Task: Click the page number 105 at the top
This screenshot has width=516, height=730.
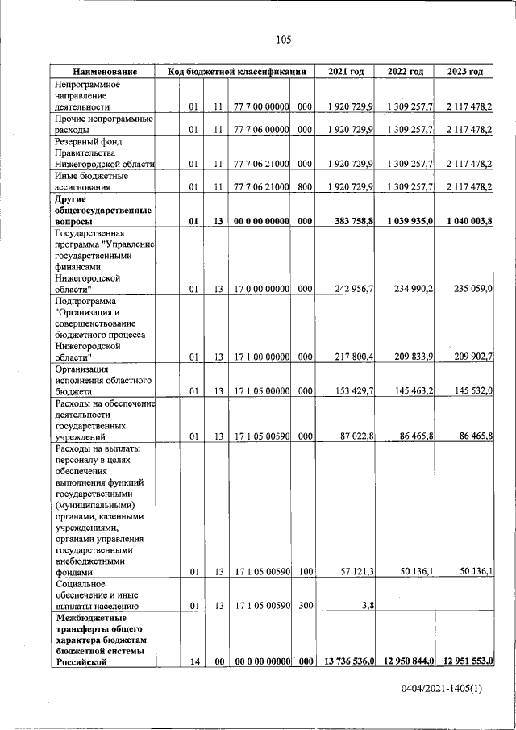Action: coord(282,40)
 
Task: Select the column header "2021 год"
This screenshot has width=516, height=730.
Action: coord(346,72)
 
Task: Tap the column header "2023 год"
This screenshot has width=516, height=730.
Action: coord(465,72)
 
